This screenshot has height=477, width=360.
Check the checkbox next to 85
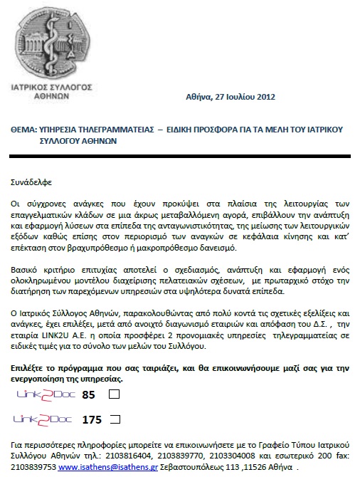pyautogui.click(x=114, y=394)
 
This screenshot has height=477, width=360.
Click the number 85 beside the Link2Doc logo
pyautogui.click(x=89, y=394)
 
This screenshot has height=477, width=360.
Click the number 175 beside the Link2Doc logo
pyautogui.click(x=92, y=419)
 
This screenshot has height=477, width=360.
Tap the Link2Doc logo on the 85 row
pyautogui.click(x=43, y=394)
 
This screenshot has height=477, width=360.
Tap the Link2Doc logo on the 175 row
pyautogui.click(x=43, y=419)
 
